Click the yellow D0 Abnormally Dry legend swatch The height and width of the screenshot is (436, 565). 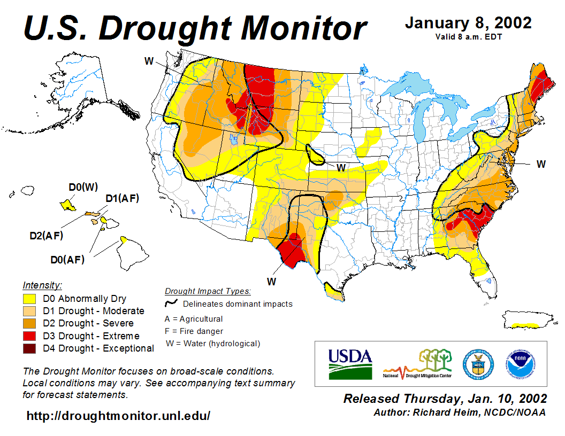(x=29, y=299)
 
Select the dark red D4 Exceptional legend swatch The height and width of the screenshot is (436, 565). (x=29, y=348)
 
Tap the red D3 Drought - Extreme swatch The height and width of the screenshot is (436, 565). (x=29, y=336)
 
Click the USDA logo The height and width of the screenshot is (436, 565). (x=350, y=364)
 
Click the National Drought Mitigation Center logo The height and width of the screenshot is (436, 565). (x=418, y=364)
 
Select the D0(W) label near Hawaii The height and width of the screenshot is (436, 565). (x=83, y=187)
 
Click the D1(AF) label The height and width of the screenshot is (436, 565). (x=122, y=199)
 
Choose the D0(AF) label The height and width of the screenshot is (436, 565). (x=67, y=260)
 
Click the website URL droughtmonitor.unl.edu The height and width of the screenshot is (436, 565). (x=118, y=416)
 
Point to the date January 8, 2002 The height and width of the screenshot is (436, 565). (x=468, y=23)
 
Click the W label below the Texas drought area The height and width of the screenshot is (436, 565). (x=272, y=281)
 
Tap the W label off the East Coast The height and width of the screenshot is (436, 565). (x=541, y=164)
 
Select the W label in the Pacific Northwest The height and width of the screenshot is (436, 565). (x=149, y=61)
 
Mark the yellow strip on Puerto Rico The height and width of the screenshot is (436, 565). (x=525, y=325)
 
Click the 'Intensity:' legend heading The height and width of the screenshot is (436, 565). (x=42, y=285)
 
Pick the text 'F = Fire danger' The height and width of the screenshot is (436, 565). (x=194, y=331)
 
